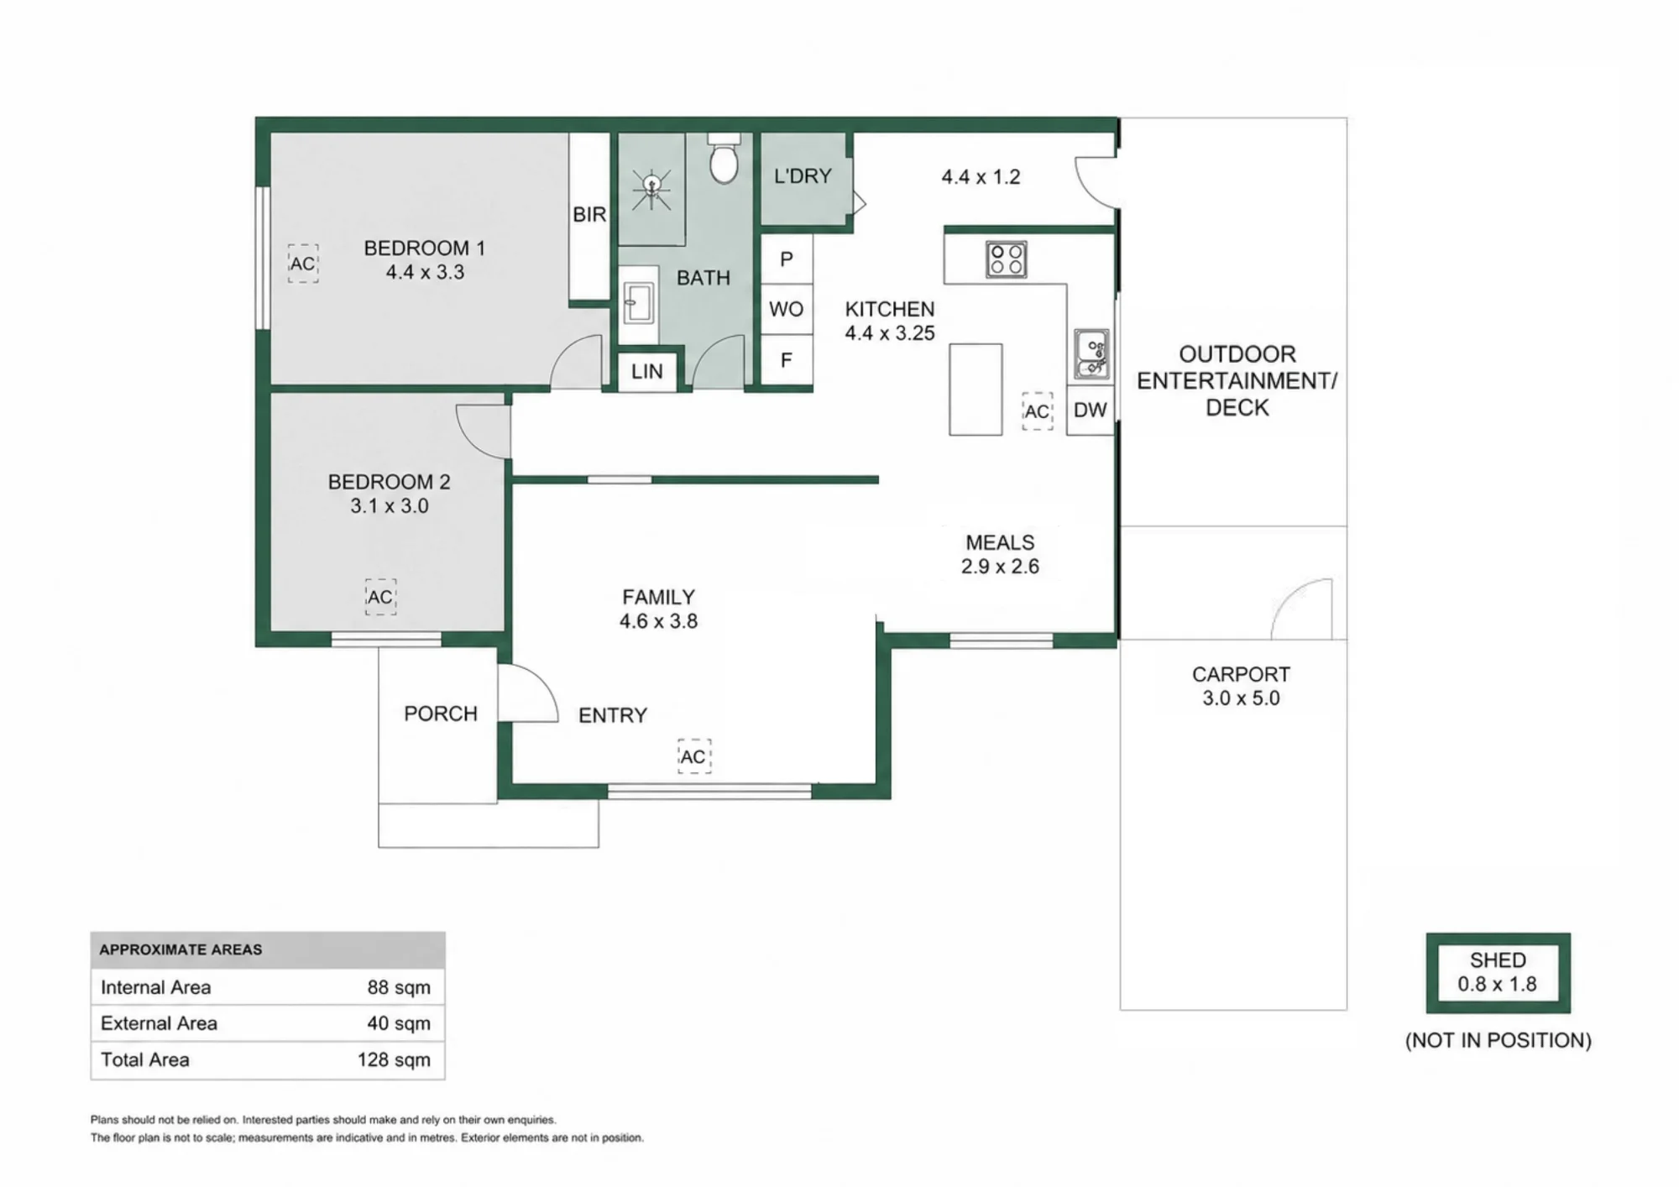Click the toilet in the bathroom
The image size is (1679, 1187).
click(724, 159)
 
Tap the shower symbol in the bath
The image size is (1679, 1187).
click(651, 189)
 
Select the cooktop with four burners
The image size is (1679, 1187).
click(1006, 259)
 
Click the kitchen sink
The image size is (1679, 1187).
click(1091, 354)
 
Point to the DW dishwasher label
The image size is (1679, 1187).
click(1091, 410)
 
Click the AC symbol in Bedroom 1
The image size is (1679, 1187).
click(302, 264)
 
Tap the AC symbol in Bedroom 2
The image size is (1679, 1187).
click(380, 597)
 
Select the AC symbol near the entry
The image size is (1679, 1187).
click(693, 756)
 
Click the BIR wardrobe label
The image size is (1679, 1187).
click(589, 215)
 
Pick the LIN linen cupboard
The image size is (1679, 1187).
click(647, 371)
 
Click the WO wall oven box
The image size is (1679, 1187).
click(787, 309)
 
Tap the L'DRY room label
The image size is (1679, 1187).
click(803, 176)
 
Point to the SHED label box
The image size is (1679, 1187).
click(1498, 972)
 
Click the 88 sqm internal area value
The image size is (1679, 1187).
click(399, 987)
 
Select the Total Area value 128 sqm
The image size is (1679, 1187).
click(394, 1059)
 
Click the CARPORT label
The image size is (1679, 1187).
click(1241, 674)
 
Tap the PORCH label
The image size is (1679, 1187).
click(441, 714)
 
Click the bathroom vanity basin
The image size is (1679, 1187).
click(638, 302)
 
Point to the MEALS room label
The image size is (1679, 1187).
click(1000, 542)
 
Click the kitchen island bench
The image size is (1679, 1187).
click(975, 390)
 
